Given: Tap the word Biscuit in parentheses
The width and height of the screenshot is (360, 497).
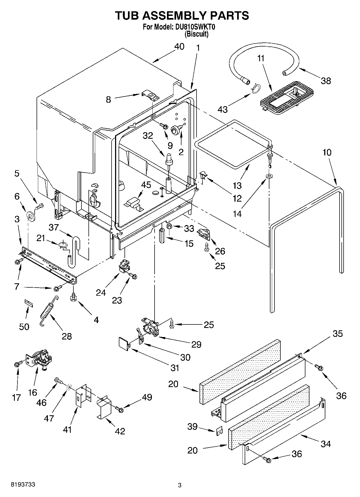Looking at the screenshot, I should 197,34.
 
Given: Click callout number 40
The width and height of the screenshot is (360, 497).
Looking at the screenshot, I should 179,47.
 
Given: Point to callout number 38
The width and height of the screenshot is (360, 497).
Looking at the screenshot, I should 326,81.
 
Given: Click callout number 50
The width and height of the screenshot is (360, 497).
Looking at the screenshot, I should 24,327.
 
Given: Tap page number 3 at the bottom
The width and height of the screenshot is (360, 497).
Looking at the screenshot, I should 180,485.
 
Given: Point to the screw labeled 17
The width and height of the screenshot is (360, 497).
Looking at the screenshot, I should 17,364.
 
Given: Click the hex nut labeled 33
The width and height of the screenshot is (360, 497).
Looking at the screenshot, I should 170,226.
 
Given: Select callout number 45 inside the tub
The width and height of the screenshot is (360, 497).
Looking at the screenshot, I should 146,185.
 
